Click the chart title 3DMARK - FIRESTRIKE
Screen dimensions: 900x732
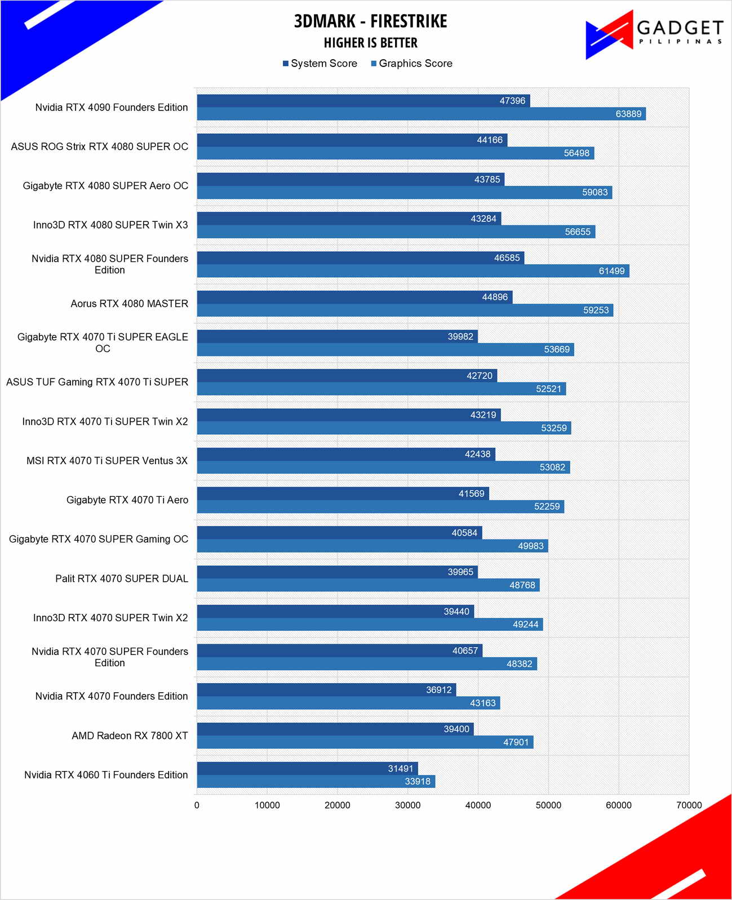point(370,21)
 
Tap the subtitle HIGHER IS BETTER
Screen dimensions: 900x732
point(370,43)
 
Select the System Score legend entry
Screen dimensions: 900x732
point(320,64)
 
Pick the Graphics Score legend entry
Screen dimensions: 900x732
point(411,64)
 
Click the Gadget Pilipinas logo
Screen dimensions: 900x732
point(654,34)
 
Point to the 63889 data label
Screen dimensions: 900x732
point(628,114)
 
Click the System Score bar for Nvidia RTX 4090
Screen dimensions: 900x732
point(349,101)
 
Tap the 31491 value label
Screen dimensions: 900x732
point(401,769)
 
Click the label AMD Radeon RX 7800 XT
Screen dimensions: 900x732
point(130,736)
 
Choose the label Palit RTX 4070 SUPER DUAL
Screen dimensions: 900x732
point(122,578)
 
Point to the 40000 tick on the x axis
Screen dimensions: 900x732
point(478,805)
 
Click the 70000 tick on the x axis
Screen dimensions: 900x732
point(689,805)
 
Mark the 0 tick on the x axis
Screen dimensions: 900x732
point(197,805)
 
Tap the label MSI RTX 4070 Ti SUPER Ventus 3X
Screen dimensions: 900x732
point(107,461)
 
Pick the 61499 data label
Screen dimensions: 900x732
point(611,271)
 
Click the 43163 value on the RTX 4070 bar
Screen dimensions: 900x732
point(483,703)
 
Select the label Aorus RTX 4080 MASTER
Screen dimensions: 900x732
point(130,304)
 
